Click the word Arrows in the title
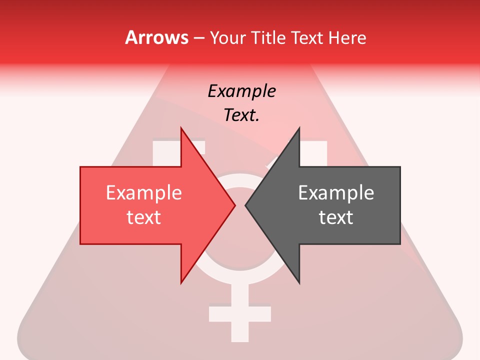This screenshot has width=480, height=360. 156,37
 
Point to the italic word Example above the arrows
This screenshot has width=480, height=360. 241,91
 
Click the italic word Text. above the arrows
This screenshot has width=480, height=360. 241,115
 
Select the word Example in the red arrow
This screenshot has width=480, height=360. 143,192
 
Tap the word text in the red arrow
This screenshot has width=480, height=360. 143,217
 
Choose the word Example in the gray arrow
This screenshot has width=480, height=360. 336,192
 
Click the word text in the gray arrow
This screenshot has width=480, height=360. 336,217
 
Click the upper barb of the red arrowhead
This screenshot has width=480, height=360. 182,131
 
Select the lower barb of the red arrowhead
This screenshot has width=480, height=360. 182,280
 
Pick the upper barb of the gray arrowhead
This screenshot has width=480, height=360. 298,131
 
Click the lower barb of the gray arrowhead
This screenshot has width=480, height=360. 298,280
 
